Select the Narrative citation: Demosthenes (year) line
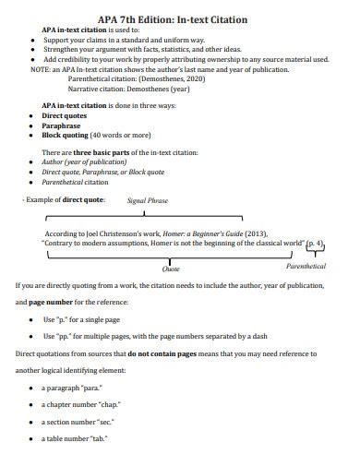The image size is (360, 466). pos(129,90)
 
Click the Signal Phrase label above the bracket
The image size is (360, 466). pos(148,199)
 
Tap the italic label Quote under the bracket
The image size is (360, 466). pos(171,269)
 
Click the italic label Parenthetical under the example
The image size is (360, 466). pos(306,266)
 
